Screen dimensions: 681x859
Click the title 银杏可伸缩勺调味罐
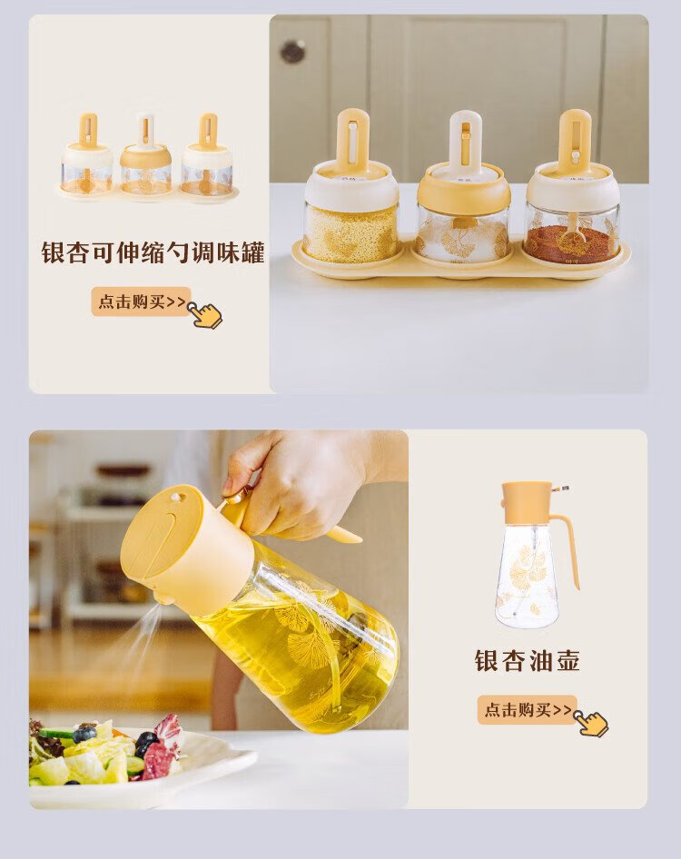pos(153,252)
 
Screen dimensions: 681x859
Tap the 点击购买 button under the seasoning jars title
pos(141,301)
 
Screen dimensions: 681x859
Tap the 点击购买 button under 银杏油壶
pos(527,709)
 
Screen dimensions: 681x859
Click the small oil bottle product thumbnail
pos(536,556)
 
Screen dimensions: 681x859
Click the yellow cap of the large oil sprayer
pos(186,542)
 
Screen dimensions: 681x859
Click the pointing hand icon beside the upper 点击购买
pos(205,314)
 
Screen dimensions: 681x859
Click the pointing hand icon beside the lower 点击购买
pos(591,723)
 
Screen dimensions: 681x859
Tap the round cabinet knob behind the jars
pos(293,52)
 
